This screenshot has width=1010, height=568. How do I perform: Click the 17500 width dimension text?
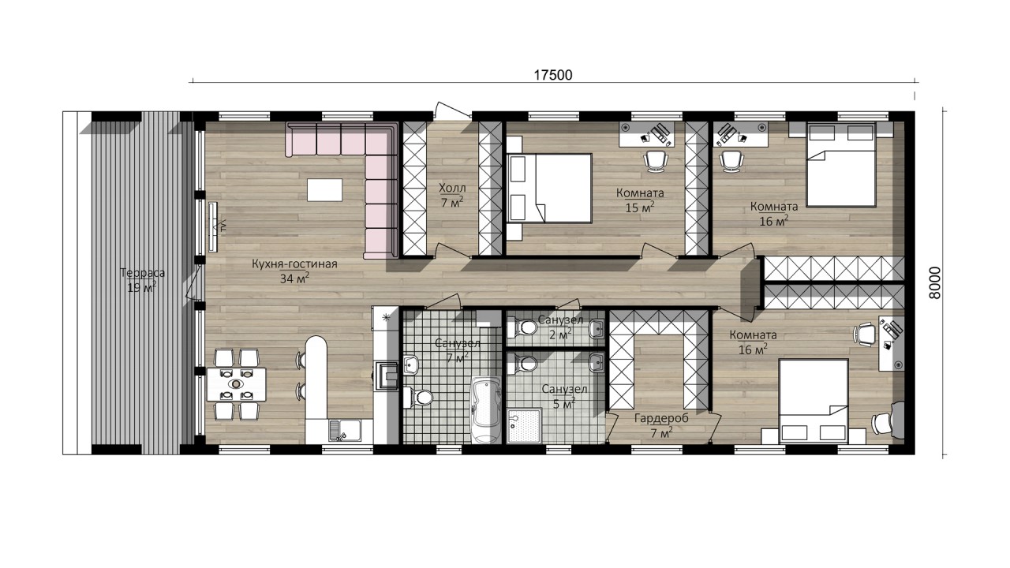tap(553, 75)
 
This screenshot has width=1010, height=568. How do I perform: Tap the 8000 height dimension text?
tap(935, 282)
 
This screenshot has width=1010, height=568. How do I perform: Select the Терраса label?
tap(143, 273)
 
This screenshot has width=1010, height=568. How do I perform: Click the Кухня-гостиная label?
tap(294, 263)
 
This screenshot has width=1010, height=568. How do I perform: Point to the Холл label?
tap(452, 188)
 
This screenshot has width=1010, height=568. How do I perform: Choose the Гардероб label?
tap(661, 418)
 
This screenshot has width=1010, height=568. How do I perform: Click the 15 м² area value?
tap(640, 207)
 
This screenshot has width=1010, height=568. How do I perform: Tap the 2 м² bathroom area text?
tap(559, 334)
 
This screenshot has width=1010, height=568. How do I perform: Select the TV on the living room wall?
tap(213, 226)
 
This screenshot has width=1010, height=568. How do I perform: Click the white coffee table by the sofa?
tap(324, 190)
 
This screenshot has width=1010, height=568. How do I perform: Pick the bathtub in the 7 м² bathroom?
tap(485, 409)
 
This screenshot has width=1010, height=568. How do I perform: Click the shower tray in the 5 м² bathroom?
tap(525, 426)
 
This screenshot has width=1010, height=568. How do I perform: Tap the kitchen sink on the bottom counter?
tap(345, 431)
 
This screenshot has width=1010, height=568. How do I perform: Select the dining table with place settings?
tap(236, 384)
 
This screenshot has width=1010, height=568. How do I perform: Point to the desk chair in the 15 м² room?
tap(655, 160)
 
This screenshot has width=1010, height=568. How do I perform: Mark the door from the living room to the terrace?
tap(195, 282)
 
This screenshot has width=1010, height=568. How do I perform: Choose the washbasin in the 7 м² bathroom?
tap(411, 364)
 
